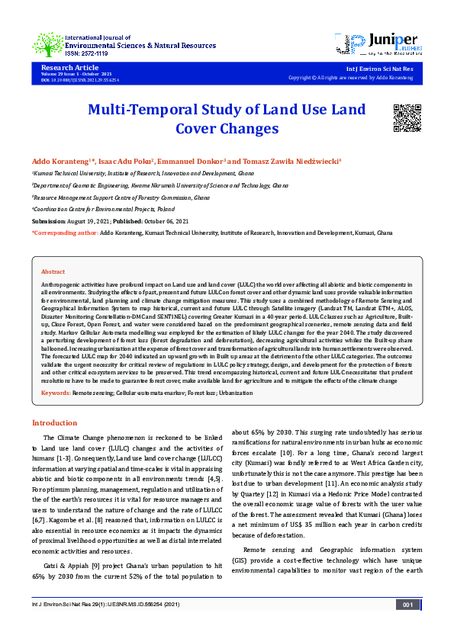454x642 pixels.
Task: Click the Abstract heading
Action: click(x=53, y=271)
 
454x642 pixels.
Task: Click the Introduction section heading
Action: click(x=54, y=422)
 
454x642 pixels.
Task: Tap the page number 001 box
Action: click(x=407, y=625)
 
